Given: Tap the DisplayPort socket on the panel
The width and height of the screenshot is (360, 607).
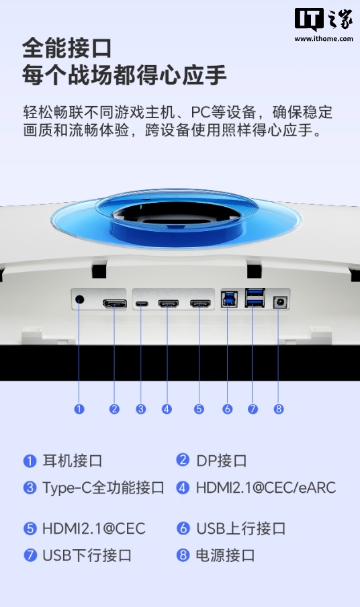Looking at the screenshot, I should pos(115,304).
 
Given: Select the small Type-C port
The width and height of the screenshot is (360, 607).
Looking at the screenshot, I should pos(141,304).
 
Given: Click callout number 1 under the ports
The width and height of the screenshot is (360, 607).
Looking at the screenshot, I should pos(79,409).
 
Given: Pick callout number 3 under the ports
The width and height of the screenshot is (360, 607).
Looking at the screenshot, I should pos(141,409).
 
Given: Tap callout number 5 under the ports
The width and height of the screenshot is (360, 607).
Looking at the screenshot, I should pos(199,409).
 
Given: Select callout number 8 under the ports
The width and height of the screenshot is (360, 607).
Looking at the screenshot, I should pos(279,409).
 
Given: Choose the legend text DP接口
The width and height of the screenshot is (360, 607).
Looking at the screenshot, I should pos(222,461).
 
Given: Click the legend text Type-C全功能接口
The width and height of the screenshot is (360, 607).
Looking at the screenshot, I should pos(103,488).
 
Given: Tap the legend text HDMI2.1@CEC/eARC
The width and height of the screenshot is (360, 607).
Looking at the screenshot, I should pos(265,488).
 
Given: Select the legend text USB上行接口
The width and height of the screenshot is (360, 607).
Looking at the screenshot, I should pos(240,528).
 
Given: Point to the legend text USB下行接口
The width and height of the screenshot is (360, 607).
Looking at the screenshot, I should pos(87,555).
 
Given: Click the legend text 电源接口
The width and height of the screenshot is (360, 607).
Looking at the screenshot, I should pos(226,555).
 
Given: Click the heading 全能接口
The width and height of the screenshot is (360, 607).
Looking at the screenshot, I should pos(66,48).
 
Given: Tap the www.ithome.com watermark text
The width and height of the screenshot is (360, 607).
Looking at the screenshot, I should pos(324,39).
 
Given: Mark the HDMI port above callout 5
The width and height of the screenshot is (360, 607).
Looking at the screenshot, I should pos(199,304).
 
